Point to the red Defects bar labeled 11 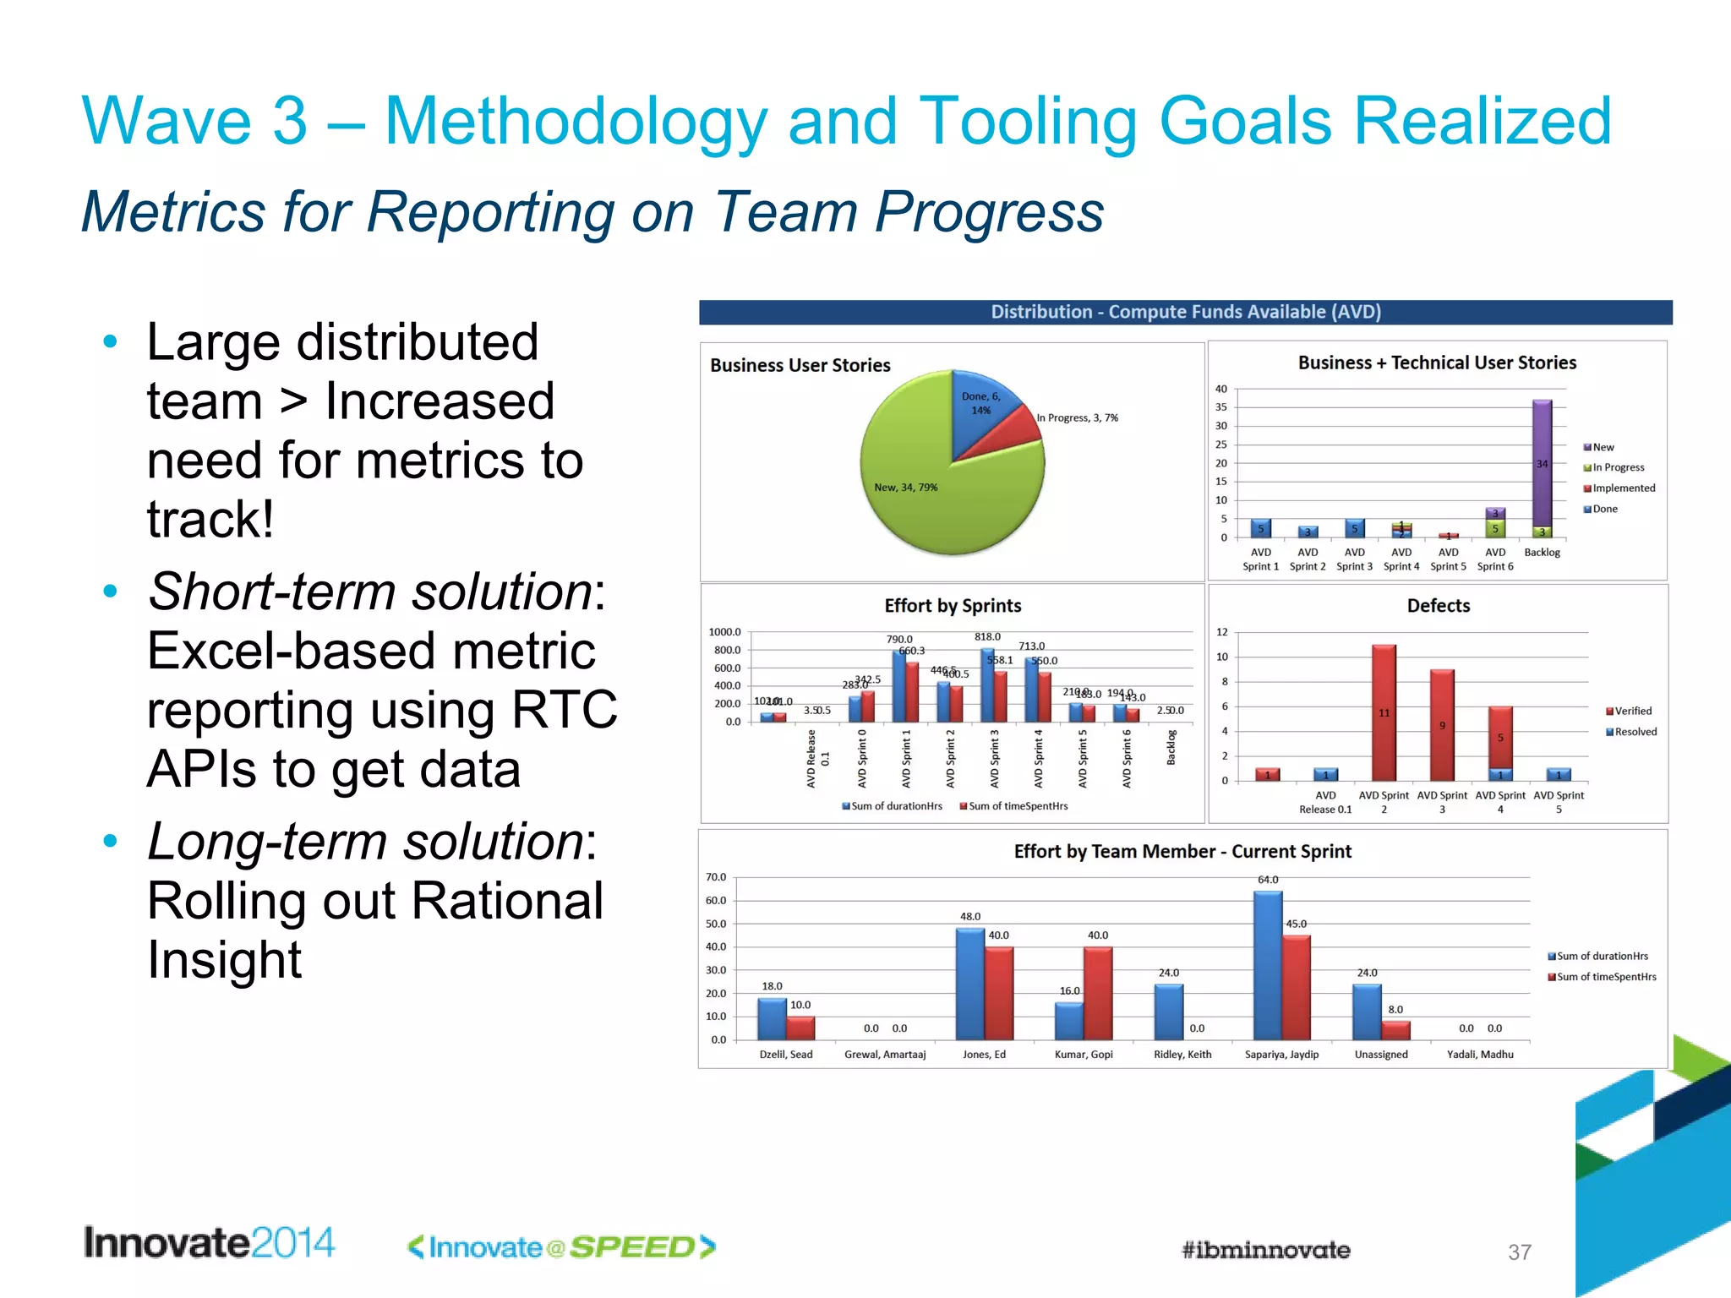(1384, 712)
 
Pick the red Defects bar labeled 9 (1442, 725)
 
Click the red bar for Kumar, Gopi (1098, 993)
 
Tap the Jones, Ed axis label (984, 1055)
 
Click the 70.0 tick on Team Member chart (716, 877)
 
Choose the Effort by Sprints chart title (953, 606)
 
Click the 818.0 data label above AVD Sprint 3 (987, 637)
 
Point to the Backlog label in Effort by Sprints (1171, 748)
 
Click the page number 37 (1519, 1252)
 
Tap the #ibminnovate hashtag (1265, 1250)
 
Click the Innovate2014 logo (209, 1243)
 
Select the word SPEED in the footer (632, 1247)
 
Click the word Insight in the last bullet (224, 960)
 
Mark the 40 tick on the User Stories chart (1221, 390)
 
